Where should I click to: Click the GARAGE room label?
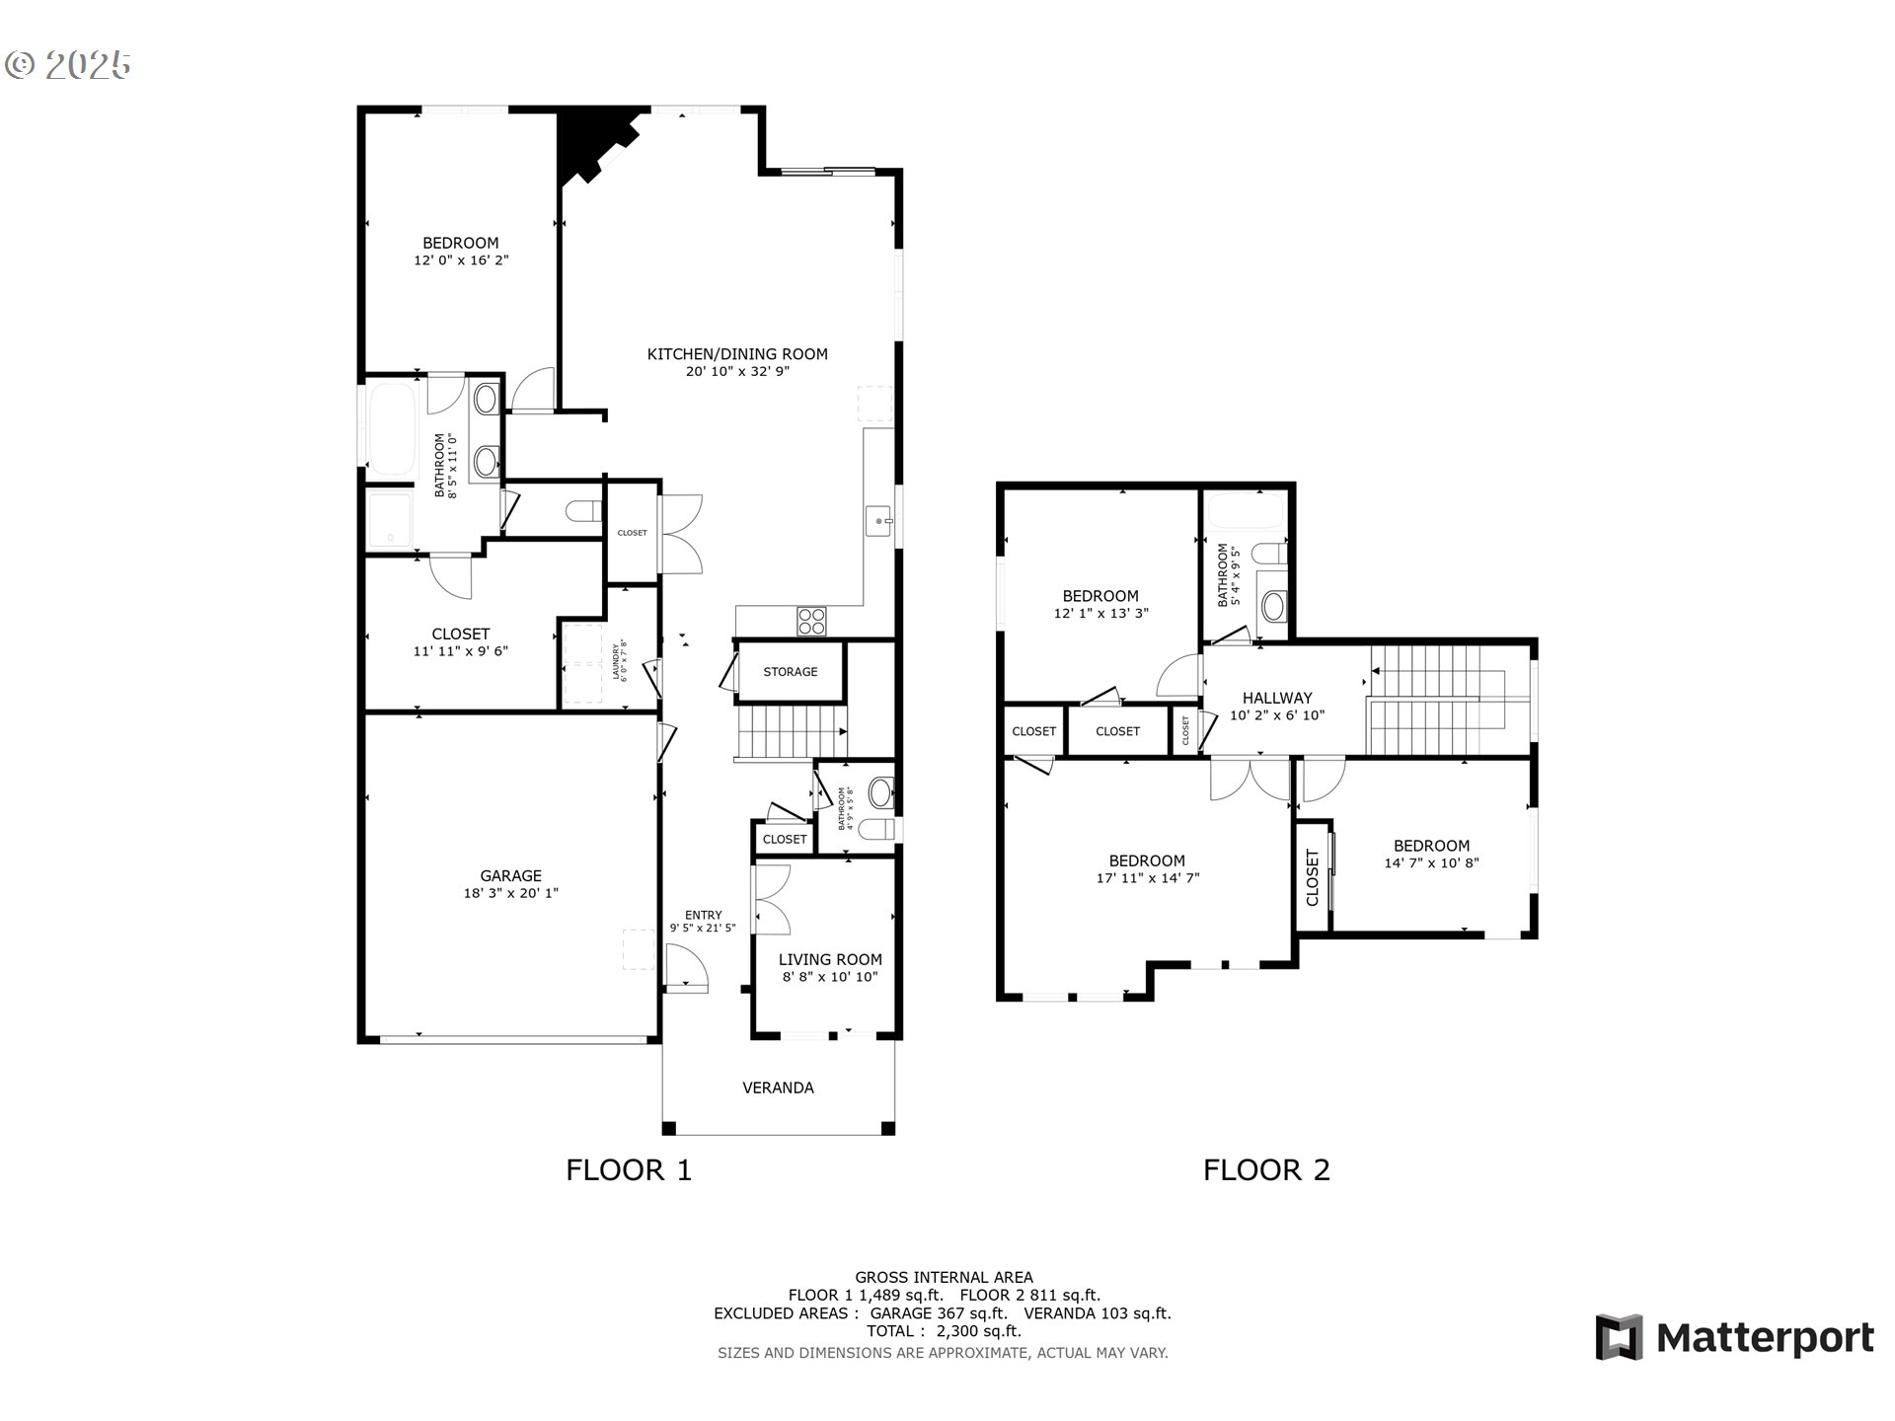(510, 875)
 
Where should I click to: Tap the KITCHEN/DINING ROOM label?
(737, 354)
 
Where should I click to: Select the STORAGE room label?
(790, 672)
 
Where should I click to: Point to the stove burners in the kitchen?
(812, 621)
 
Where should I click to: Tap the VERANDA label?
(778, 1087)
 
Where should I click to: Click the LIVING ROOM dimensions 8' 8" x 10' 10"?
(829, 977)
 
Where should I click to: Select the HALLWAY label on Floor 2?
(1277, 698)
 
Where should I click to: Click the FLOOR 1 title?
(629, 1170)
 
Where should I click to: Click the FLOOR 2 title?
(1266, 1170)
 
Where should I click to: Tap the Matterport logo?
(1734, 1338)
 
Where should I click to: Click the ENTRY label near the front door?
(703, 915)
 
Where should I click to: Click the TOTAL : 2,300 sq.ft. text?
(943, 1331)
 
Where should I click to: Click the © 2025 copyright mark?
(67, 65)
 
